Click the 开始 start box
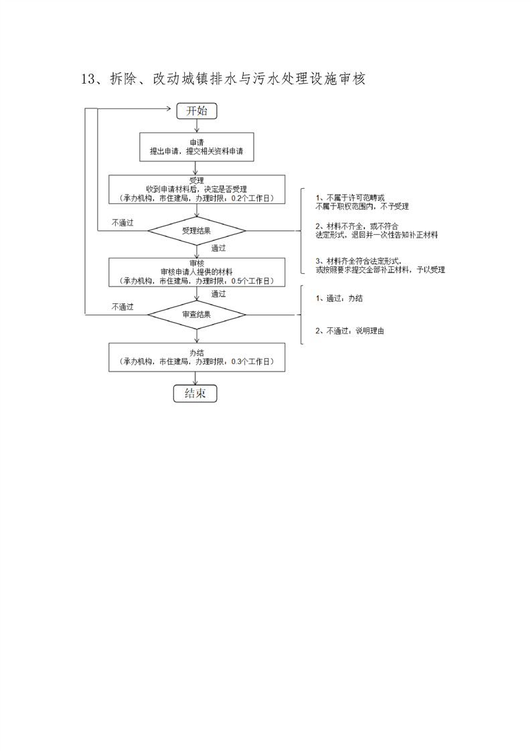196,111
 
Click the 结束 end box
196,394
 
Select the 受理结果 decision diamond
196,231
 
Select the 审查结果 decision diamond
196,314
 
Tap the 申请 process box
196,147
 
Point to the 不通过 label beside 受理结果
123,223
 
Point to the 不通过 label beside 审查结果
123,307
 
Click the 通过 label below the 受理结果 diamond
218,248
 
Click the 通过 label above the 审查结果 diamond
218,294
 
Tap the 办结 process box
196,357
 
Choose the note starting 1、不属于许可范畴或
362,202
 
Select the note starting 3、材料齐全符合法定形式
380,265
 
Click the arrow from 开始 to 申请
196,125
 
